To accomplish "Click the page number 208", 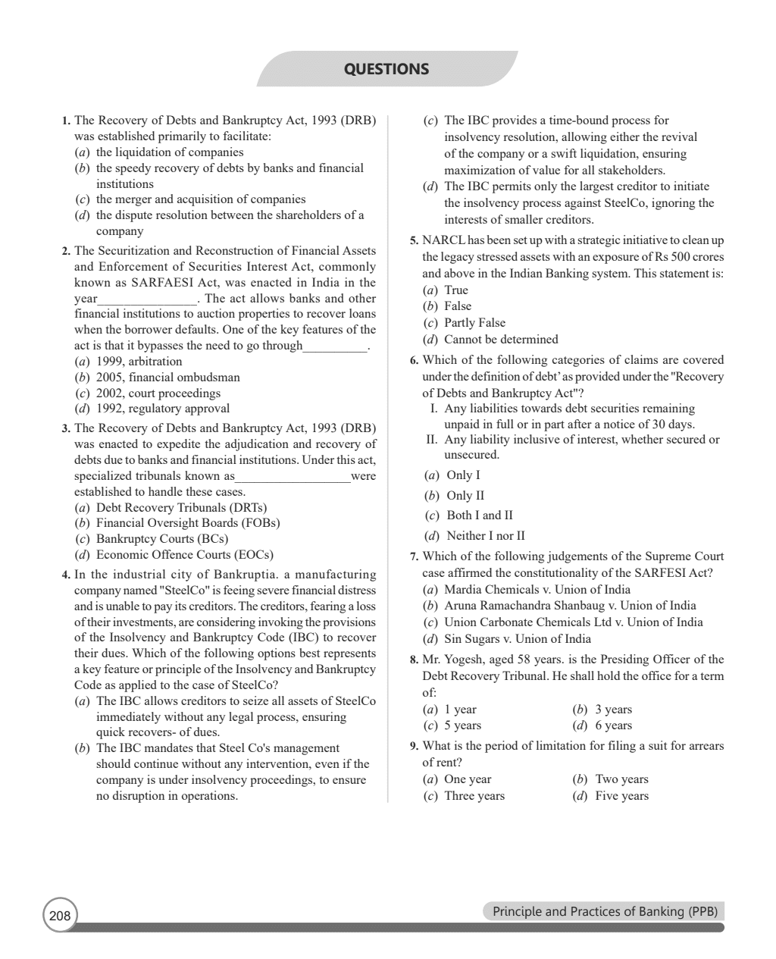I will [x=59, y=916].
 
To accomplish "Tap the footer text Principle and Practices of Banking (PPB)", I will [x=604, y=911].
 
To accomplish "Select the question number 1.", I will [x=65, y=121].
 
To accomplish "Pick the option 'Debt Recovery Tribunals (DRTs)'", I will [x=181, y=507].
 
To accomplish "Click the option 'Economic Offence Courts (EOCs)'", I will [x=184, y=554].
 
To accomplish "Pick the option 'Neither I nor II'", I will [x=485, y=535].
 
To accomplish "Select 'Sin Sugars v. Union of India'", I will [x=517, y=638].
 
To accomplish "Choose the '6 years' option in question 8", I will [x=613, y=726].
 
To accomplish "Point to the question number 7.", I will [x=414, y=557].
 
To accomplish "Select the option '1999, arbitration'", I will [x=139, y=362].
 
